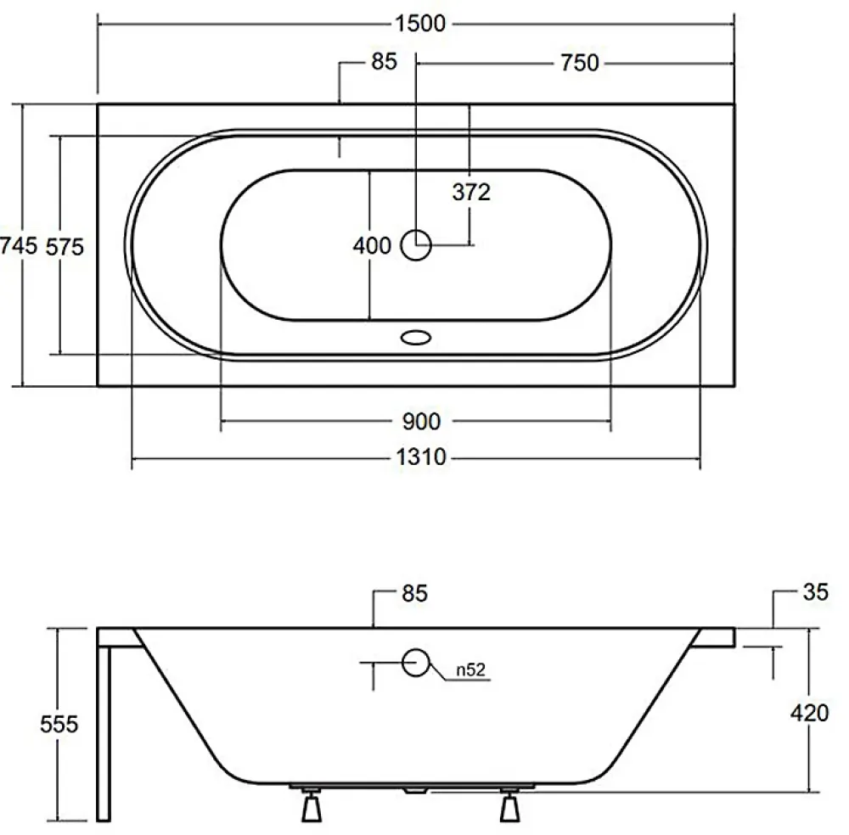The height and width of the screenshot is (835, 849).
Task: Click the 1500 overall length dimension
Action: (420, 24)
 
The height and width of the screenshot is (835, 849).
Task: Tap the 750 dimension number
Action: (579, 64)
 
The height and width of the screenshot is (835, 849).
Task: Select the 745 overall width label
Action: (19, 246)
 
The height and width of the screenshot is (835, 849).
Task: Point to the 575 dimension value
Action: (65, 247)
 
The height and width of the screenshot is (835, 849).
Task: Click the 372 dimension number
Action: (471, 192)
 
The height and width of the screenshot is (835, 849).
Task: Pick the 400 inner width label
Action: (372, 246)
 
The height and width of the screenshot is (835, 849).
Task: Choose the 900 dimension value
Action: (422, 422)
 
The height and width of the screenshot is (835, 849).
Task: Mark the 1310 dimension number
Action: (421, 458)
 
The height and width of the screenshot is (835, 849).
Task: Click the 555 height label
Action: (59, 724)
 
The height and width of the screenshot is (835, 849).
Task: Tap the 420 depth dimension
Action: (809, 714)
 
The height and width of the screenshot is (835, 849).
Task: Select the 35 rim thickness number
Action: (815, 592)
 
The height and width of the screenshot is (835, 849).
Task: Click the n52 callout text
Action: (470, 670)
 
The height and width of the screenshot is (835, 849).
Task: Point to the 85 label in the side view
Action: (415, 594)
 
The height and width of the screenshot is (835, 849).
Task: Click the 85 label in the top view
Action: (385, 62)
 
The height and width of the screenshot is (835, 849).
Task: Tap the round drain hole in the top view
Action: (416, 245)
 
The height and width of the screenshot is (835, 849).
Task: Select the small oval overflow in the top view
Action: (416, 338)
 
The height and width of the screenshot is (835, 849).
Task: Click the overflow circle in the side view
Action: (416, 663)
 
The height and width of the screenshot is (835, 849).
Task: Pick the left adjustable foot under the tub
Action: (312, 804)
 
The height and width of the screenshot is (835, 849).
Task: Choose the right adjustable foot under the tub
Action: (509, 804)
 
